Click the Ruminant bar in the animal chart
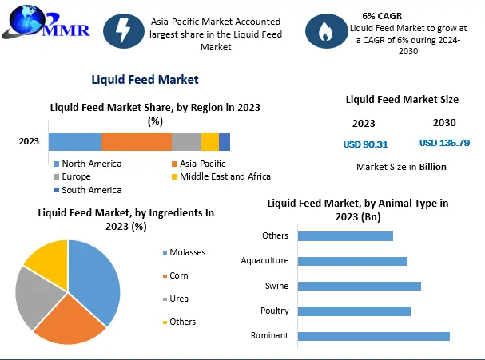373,336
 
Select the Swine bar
359,286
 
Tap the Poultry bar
354,311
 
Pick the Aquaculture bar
352,260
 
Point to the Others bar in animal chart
345,235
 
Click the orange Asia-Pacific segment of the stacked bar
136,141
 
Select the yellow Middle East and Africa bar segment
209,141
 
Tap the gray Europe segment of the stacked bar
186,141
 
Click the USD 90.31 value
365,144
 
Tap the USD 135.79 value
444,144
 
